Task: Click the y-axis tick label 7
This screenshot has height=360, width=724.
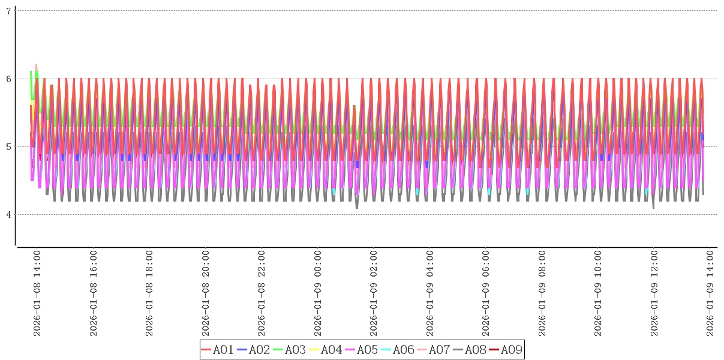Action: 8,11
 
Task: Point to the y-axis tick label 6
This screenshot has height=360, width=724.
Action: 8,79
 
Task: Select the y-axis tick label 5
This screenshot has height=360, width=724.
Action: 8,146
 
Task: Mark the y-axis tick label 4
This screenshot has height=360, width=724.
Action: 8,214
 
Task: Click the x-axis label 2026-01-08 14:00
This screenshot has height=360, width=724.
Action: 37,293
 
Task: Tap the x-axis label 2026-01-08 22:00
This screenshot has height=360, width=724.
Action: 262,293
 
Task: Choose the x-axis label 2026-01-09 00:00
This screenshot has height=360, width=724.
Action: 318,293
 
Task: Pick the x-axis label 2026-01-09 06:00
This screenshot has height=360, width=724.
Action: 486,293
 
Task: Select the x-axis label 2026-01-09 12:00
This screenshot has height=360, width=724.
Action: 654,293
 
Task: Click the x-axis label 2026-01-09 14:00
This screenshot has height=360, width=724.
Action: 710,293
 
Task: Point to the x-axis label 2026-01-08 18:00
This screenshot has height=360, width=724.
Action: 149,293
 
